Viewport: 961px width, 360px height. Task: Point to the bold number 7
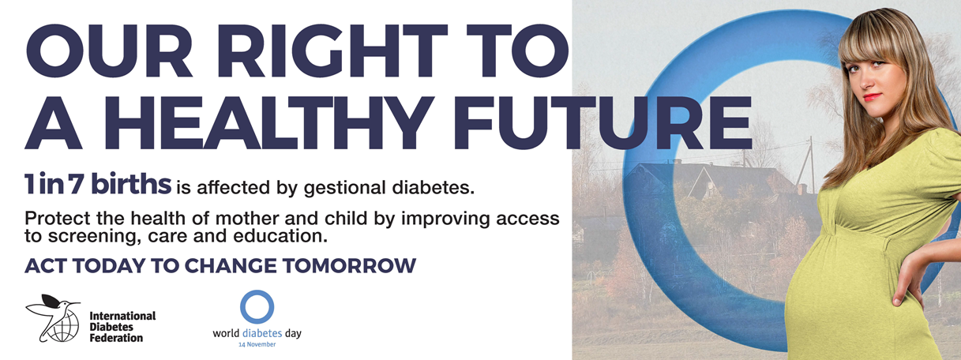click(77, 184)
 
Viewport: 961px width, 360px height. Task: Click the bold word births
click(131, 184)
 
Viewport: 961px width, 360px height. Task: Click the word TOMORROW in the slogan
click(349, 265)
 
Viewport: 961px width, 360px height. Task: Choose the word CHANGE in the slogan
click(231, 265)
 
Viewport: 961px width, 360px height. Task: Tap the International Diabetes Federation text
click(122, 327)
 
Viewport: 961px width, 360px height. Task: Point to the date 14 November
click(257, 344)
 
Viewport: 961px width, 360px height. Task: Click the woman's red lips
click(873, 97)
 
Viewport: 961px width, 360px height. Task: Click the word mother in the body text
click(246, 219)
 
